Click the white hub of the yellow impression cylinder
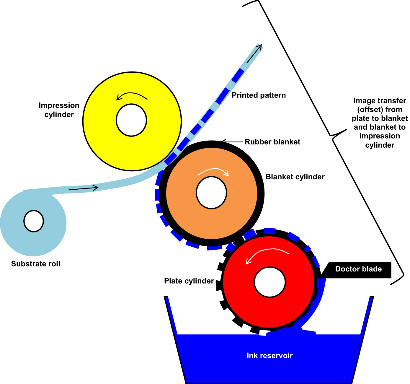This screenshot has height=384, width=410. click(x=131, y=120)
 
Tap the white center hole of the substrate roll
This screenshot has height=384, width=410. click(x=34, y=221)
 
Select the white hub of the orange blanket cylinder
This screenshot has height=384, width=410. click(x=211, y=193)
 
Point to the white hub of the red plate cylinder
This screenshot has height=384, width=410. click(x=270, y=282)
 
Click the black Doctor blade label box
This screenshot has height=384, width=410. click(x=358, y=270)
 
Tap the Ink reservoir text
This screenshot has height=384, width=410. click(x=269, y=355)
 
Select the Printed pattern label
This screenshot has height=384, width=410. click(x=259, y=95)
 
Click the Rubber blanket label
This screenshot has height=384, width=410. click(x=272, y=142)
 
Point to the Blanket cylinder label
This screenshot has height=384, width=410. click(x=295, y=177)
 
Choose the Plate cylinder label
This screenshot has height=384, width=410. click(x=189, y=281)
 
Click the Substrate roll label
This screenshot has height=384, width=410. click(x=36, y=264)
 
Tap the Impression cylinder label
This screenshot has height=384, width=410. click(x=59, y=110)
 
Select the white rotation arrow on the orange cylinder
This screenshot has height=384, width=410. click(x=213, y=171)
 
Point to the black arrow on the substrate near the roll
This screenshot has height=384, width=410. click(x=83, y=188)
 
